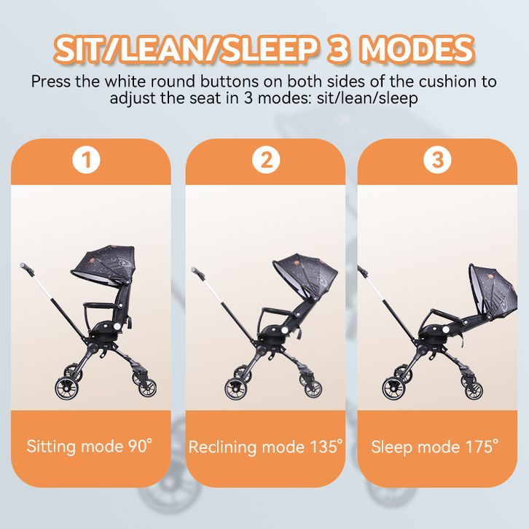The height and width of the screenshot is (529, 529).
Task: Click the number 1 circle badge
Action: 87,160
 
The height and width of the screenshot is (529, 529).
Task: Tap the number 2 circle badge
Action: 266,160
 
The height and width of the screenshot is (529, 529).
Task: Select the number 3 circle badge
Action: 438,160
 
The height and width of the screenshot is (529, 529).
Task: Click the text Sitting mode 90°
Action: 90,447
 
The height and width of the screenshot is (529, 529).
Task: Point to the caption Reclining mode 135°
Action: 265,447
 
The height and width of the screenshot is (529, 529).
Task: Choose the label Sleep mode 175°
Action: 434,447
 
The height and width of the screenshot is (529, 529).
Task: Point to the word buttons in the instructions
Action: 230,82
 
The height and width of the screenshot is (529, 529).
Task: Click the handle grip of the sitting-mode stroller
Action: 26,268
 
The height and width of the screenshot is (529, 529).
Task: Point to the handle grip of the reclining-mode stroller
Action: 197,273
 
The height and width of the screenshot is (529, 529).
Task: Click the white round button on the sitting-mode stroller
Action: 117,326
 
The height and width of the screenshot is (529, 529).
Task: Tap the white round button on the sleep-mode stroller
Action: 446,329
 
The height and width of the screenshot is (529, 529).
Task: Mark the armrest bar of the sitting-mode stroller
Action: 101,307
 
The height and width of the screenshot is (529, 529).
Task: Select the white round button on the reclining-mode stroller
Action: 284,330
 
